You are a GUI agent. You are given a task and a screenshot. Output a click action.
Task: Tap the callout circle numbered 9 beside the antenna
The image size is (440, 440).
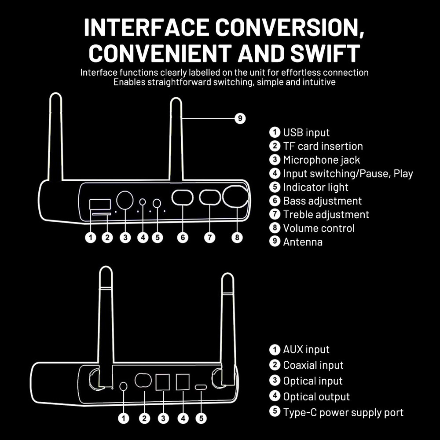pos(240,118)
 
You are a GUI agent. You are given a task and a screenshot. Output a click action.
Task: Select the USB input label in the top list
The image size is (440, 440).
pos(306,132)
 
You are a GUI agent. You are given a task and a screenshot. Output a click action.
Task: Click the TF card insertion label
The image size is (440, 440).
pos(323,146)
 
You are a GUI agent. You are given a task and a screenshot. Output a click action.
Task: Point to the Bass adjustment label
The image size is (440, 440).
pos(322,201)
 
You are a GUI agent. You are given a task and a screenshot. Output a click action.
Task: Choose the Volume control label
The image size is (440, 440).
pos(319,228)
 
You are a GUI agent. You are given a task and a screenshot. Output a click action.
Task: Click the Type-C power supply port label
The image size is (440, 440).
pos(343,413)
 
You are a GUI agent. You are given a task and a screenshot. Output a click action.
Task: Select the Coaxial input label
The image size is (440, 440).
pos(313,365)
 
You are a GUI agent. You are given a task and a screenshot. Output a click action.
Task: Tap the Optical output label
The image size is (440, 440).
pos(316,397)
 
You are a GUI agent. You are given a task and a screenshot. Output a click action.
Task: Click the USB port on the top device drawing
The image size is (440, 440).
pos(100,204)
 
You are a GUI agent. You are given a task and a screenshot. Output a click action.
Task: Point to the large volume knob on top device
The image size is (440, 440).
pos(235,197)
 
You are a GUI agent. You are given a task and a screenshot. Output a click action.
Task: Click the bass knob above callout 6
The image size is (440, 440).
pos(183,198)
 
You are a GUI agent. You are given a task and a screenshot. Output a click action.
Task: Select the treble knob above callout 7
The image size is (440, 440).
pos(210,198)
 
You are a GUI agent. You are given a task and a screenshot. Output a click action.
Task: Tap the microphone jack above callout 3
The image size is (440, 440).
pos(125,200)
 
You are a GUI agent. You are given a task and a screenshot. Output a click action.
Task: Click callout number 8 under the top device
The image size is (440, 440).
pos(237,238)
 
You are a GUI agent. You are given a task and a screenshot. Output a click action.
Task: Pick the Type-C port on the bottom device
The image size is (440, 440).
pos(201,387)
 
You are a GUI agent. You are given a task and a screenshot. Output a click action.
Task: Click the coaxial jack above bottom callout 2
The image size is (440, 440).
pos(143,380)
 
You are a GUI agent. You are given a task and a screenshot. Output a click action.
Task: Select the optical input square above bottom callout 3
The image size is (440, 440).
pos(163,382)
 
